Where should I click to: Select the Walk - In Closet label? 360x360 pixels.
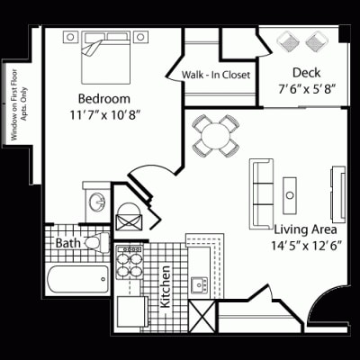coord(216,75)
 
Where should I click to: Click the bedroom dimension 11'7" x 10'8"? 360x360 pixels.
coord(106,115)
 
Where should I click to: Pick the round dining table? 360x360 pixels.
coord(217,135)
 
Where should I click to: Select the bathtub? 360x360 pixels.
coord(77,279)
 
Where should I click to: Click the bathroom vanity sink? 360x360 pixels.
coord(95,202)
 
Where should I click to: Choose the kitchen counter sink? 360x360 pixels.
coord(200,286)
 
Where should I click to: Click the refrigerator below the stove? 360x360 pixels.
coord(131,310)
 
